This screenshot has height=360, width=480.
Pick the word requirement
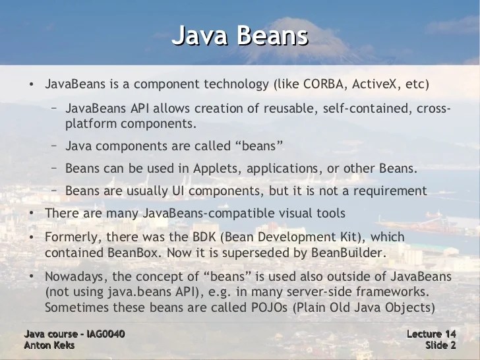(x=389, y=191)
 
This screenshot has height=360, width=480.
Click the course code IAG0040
(x=100, y=334)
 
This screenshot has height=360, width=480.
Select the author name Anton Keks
(x=49, y=345)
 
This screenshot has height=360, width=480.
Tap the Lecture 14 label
(x=432, y=334)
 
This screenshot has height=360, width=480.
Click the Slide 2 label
(x=440, y=345)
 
